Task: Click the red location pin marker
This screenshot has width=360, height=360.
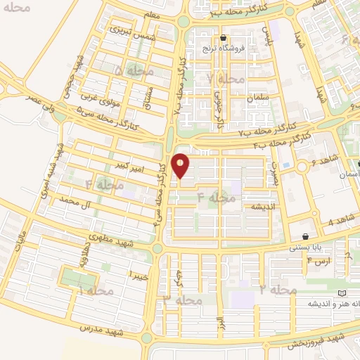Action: (x=181, y=166)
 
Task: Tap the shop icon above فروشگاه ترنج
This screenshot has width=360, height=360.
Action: (x=223, y=38)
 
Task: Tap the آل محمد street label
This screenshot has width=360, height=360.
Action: (x=77, y=203)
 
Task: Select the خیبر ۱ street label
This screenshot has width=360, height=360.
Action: (x=140, y=273)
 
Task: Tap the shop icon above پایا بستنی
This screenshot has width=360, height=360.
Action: (x=305, y=236)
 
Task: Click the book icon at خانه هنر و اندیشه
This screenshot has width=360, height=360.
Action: (x=342, y=292)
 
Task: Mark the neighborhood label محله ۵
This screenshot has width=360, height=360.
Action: (x=129, y=71)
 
